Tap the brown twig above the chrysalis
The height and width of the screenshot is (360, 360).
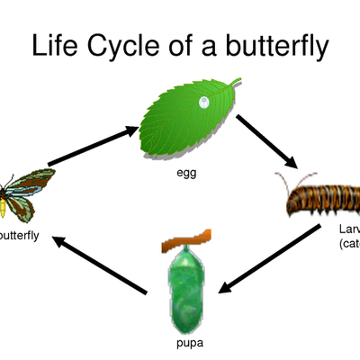[184, 238]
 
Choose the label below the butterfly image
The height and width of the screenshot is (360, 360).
[20, 237]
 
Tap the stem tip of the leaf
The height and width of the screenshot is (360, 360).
[238, 81]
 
